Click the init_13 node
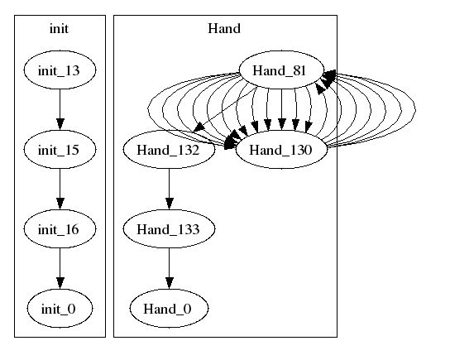point(60,70)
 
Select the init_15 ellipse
point(60,150)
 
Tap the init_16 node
point(60,229)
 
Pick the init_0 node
point(60,309)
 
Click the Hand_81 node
point(281,70)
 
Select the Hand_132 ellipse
point(169,150)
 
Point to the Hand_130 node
point(281,150)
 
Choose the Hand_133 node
point(169,229)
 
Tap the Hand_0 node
point(169,309)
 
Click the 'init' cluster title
point(59,29)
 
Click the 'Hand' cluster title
point(224,29)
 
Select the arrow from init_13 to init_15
point(60,110)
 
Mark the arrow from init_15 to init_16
point(60,190)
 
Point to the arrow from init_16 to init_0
point(60,269)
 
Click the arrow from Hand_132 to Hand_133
point(170,190)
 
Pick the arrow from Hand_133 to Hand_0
point(170,269)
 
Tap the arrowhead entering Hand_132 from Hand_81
point(199,127)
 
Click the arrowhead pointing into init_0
point(60,283)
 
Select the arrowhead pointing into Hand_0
point(170,283)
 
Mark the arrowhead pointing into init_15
point(60,124)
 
